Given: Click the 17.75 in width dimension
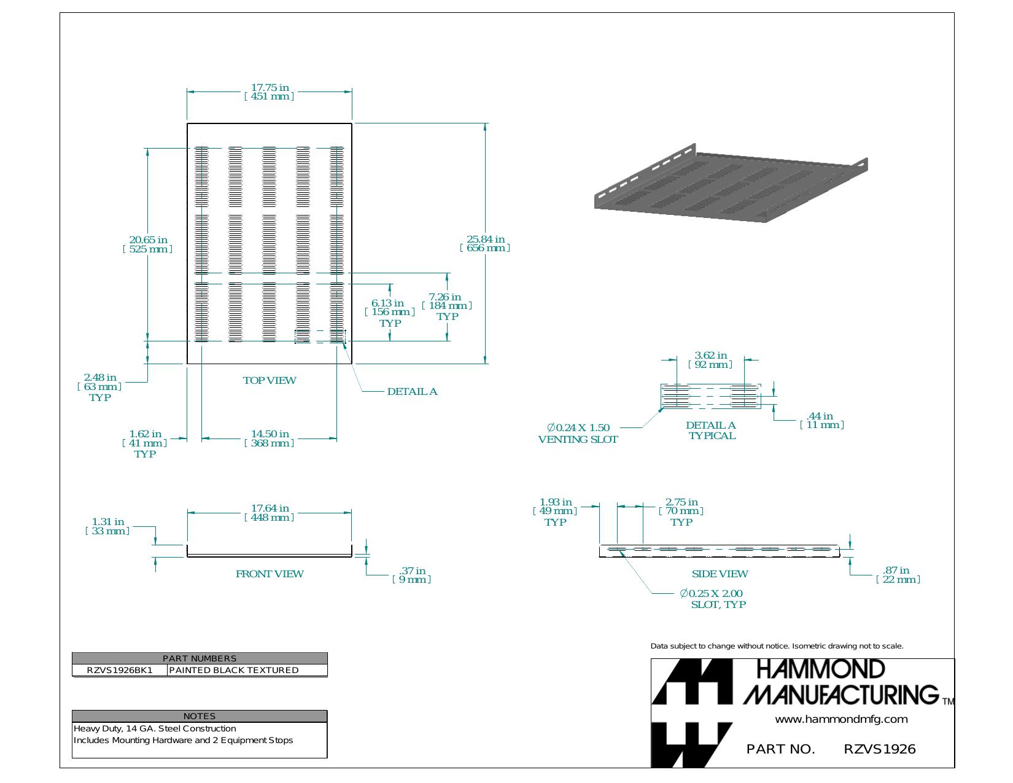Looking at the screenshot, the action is tap(269, 92).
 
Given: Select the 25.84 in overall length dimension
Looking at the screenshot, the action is tap(485, 243).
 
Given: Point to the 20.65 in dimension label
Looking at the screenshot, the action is tap(148, 244).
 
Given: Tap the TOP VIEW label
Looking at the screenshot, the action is tap(270, 381).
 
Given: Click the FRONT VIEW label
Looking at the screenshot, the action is tap(270, 574).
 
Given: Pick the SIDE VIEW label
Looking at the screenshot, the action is tap(720, 574).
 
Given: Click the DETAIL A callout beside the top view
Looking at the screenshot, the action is tap(412, 392).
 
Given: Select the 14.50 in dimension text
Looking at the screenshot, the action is tap(270, 438).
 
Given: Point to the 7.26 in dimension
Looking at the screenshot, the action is tap(446, 306).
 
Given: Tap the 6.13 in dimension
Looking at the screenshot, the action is tap(389, 313).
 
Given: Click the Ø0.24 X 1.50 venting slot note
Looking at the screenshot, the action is tap(578, 434).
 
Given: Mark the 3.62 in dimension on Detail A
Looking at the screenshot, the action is tap(710, 360).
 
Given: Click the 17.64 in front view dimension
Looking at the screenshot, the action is tap(270, 513).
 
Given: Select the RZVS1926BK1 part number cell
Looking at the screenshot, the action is tap(120, 670).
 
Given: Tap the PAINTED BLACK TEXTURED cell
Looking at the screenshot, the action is tap(247, 670).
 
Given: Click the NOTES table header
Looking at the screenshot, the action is tap(200, 716).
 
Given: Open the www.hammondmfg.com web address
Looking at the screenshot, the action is tap(842, 719).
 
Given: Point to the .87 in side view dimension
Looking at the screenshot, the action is tap(898, 575).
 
